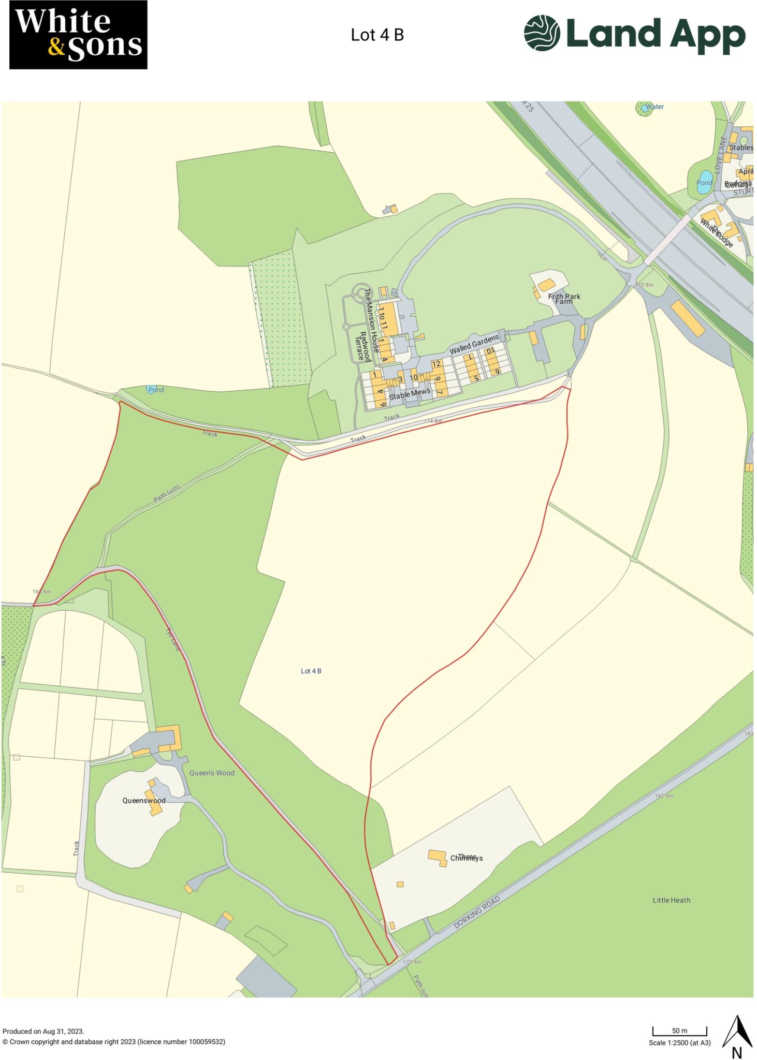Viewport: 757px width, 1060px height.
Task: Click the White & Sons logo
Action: (78, 35)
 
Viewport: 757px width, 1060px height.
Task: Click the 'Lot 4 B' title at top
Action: (377, 35)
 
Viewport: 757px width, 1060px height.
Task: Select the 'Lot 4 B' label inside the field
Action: (311, 671)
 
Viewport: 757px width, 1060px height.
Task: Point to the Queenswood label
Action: (144, 800)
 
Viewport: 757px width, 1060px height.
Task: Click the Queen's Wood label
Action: (212, 773)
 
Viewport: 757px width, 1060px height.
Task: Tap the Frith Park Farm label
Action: (564, 298)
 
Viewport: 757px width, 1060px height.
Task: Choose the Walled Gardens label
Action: (474, 344)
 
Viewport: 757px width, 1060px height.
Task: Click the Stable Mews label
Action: (410, 394)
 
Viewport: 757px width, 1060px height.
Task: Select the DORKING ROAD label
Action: (477, 915)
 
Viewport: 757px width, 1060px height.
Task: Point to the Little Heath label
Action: (671, 900)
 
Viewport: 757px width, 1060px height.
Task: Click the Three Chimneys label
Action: (466, 858)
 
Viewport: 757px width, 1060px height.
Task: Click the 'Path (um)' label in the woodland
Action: (166, 493)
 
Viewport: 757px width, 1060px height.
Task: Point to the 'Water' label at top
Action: (655, 107)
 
